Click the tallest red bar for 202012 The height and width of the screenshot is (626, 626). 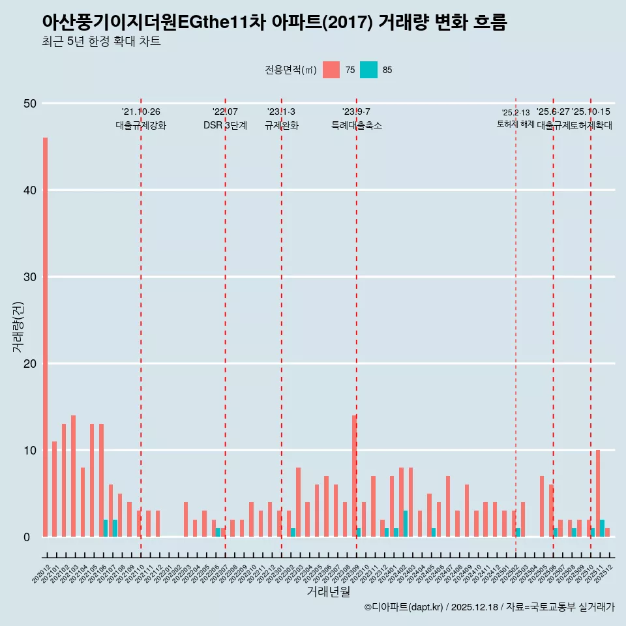click(x=45, y=337)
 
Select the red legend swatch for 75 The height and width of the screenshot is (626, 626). click(x=331, y=70)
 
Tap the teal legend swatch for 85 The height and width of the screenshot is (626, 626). click(x=368, y=70)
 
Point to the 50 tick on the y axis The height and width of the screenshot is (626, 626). click(x=30, y=104)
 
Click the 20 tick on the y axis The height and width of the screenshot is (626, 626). click(x=30, y=364)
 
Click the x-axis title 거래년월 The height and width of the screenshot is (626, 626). click(x=329, y=592)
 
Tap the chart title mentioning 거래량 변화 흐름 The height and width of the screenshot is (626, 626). click(x=274, y=22)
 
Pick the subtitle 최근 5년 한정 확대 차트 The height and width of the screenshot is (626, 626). click(x=101, y=42)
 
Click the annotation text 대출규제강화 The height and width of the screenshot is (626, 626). click(x=141, y=125)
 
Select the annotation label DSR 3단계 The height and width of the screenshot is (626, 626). click(x=225, y=125)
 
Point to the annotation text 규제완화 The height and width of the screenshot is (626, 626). click(x=281, y=125)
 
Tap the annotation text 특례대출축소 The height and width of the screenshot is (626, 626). click(x=356, y=125)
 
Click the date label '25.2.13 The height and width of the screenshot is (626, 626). click(x=515, y=113)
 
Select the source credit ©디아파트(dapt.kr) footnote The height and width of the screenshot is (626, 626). click(x=489, y=607)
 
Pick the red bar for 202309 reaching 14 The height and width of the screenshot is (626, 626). click(x=354, y=476)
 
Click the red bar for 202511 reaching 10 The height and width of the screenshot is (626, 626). click(x=598, y=493)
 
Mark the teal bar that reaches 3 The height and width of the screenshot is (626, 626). click(x=406, y=524)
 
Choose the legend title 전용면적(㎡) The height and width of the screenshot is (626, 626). click(x=291, y=70)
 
